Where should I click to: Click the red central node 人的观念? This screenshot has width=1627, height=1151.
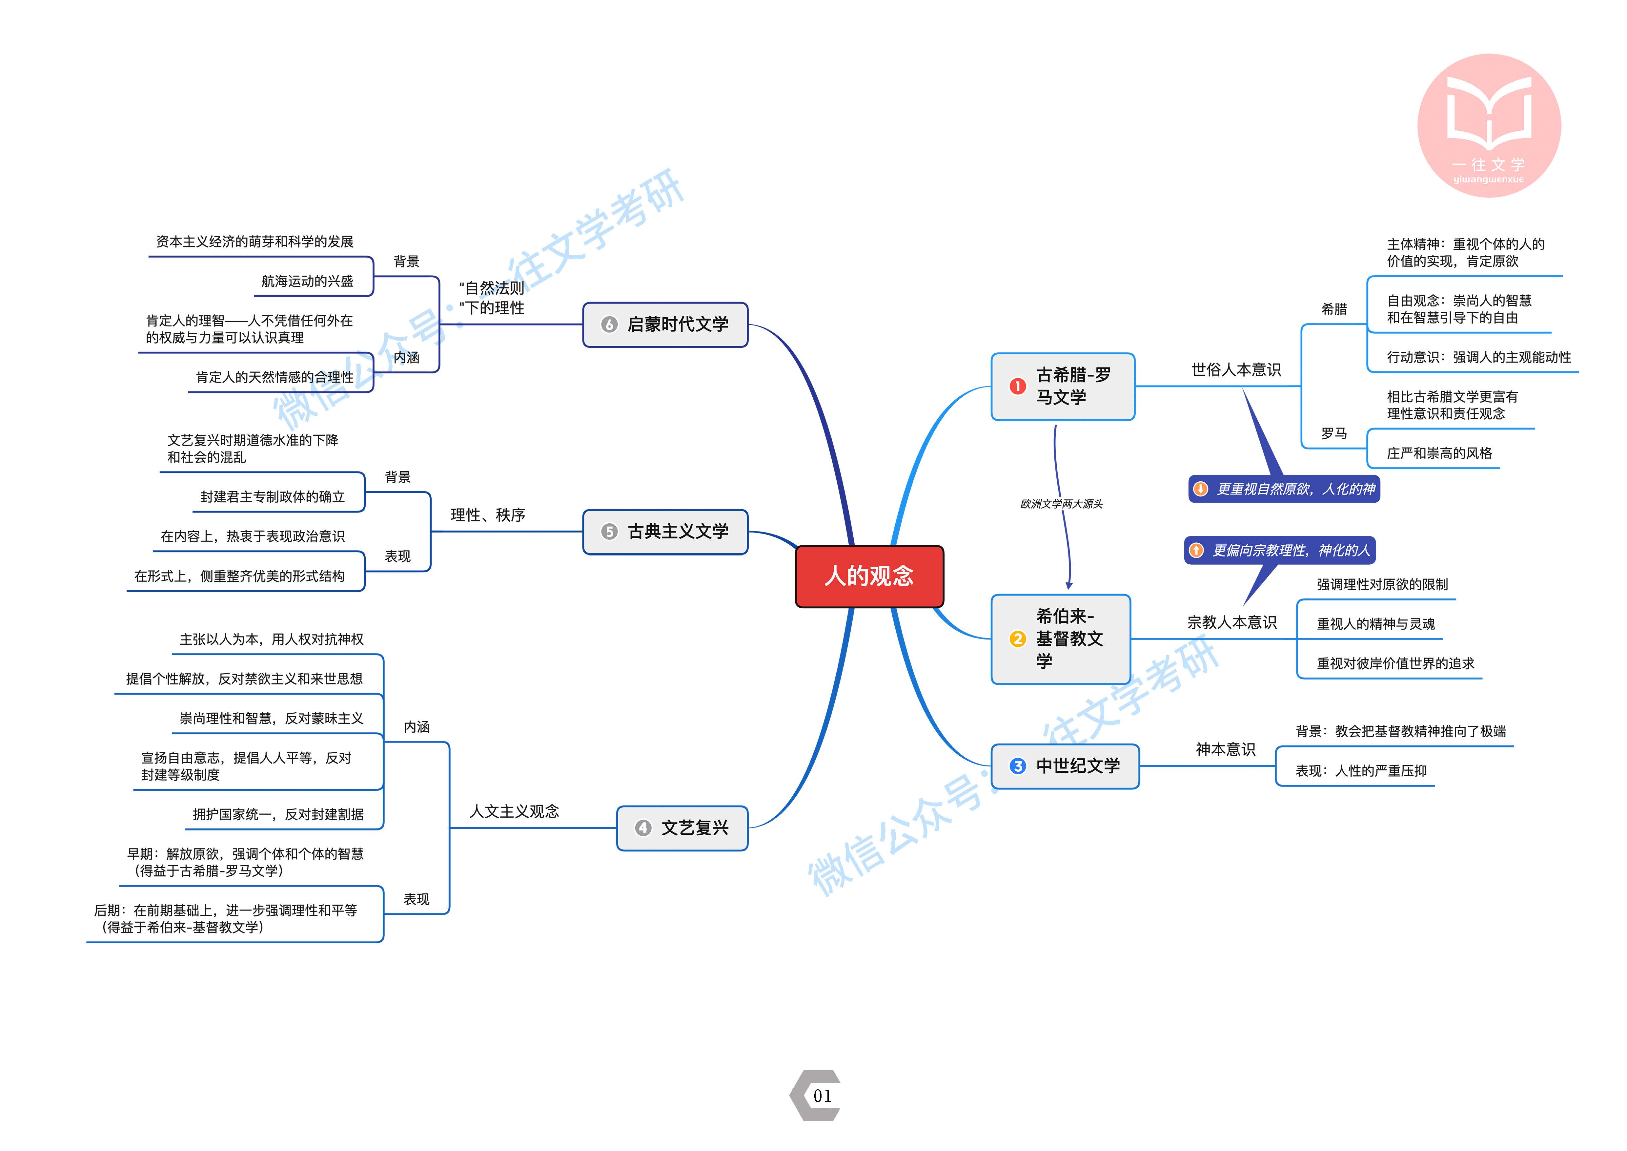click(869, 576)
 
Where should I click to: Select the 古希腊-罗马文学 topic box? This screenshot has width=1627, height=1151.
click(1063, 386)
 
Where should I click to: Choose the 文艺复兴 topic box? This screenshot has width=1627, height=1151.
click(682, 828)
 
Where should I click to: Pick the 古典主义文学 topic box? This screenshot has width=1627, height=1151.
click(665, 532)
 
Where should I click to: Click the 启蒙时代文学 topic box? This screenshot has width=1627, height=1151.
click(665, 324)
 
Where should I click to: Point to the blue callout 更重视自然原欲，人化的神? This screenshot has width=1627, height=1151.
click(1284, 489)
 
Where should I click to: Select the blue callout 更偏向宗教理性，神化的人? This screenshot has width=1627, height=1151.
click(1280, 550)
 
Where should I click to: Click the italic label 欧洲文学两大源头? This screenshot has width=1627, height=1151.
click(1062, 504)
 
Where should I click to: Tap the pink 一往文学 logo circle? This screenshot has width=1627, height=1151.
click(1489, 125)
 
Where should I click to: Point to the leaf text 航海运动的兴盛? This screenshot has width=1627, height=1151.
click(308, 282)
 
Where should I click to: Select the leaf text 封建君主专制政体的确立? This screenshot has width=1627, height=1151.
click(273, 497)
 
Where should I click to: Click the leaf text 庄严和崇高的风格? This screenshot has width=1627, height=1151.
click(1439, 453)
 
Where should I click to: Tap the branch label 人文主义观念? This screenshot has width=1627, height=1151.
click(515, 811)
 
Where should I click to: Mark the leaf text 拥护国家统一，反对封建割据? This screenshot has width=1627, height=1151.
click(278, 814)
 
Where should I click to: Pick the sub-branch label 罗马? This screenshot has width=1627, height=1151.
click(1334, 433)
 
